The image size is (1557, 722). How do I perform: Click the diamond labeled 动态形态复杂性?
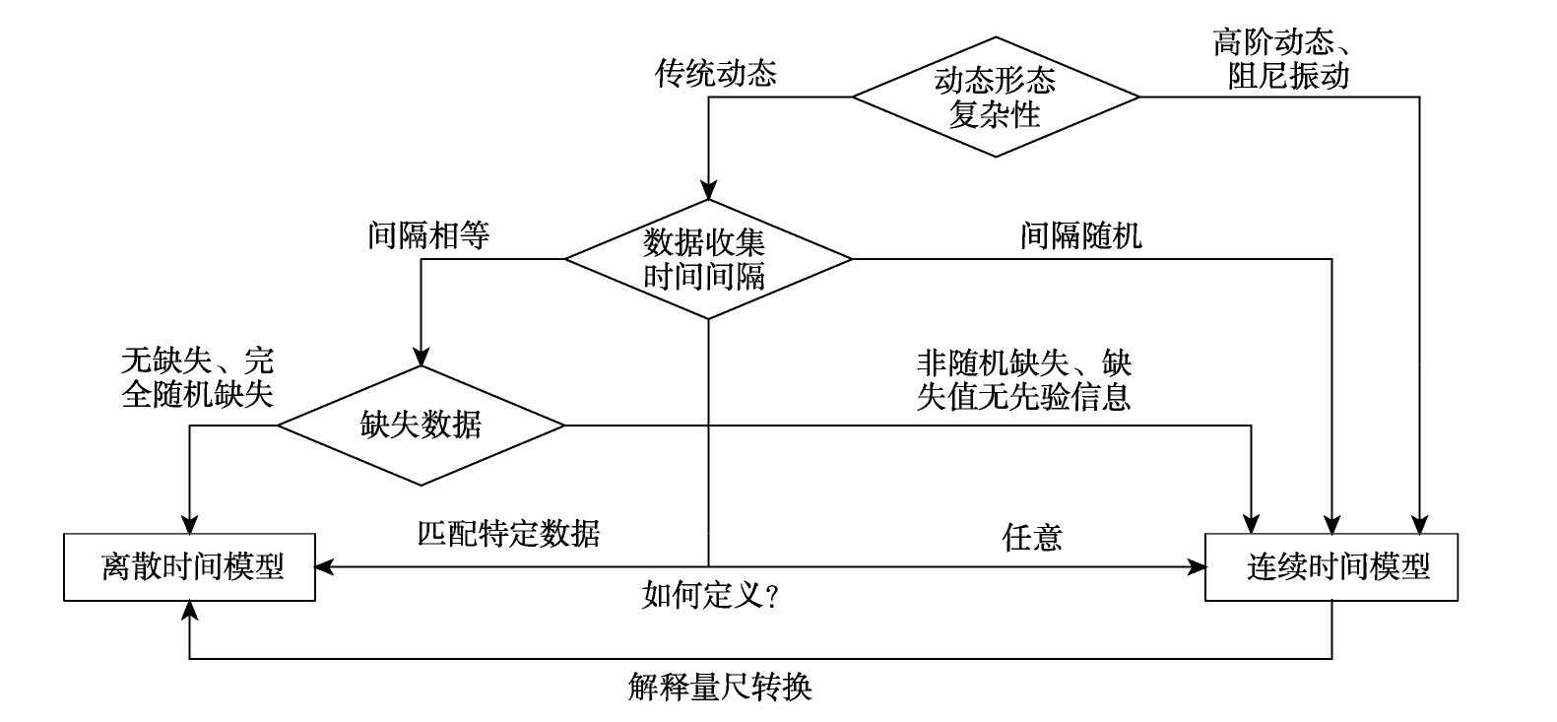coord(996,97)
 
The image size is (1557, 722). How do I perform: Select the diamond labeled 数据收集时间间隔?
coord(708,259)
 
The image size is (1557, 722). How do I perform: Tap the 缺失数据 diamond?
coord(422,426)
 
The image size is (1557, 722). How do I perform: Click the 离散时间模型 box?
coord(189,567)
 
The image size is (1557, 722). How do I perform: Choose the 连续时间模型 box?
coord(1331,567)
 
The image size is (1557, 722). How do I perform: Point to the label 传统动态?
coord(715,73)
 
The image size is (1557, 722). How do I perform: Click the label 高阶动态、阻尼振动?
coord(1283,58)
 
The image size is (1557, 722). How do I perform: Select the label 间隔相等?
coord(428,235)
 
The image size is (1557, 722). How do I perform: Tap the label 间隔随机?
coord(1081,235)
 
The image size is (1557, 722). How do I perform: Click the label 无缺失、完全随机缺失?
coord(197,377)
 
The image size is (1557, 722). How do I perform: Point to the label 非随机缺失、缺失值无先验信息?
coord(1024,380)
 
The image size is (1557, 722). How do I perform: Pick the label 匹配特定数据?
coord(508,534)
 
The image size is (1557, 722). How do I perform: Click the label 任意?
coord(1032,537)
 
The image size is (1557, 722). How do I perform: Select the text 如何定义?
coord(710,595)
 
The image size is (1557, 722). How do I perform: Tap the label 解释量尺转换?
coord(720,687)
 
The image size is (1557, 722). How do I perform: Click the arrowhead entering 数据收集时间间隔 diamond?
coord(708,190)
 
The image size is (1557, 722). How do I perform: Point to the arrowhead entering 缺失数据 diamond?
coord(422,356)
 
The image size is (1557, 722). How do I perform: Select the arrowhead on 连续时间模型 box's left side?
coord(1195,567)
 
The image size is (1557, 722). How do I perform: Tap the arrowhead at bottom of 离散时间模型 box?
coord(189,611)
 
